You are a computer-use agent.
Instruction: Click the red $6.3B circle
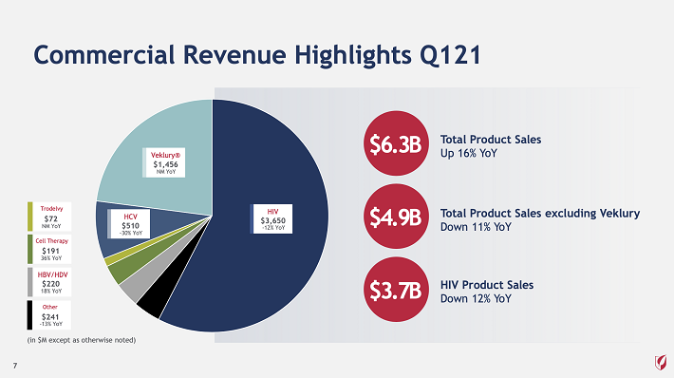point(396,143)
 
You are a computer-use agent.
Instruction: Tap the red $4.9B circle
point(396,217)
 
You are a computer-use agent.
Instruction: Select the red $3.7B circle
point(396,290)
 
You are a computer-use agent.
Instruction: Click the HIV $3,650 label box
point(271,218)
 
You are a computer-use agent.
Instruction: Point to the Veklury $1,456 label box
point(164,162)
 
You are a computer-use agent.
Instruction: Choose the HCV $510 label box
point(129,223)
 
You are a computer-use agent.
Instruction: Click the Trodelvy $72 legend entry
point(49,217)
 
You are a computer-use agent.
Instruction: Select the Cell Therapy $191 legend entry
point(49,249)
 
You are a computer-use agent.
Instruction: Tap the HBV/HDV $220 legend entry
point(49,282)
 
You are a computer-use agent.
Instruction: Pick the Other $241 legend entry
point(49,314)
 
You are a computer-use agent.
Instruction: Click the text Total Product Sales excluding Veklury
point(540,214)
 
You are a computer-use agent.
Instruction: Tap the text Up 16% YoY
point(469,153)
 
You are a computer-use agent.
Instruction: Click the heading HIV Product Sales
point(487,285)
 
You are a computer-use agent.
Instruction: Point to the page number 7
point(15,366)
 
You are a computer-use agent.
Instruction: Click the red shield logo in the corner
point(661,362)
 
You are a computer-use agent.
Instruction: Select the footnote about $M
point(82,340)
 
